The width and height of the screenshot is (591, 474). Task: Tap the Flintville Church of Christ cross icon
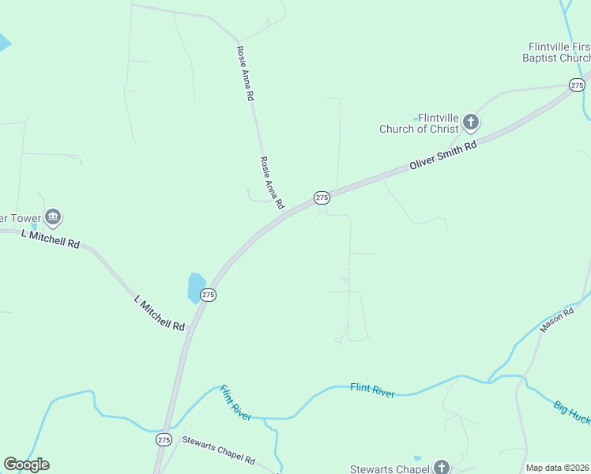pyautogui.click(x=471, y=122)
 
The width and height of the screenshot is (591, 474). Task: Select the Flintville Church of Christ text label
pyautogui.click(x=419, y=123)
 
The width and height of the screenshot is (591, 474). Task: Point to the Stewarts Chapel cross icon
pyautogui.click(x=442, y=468)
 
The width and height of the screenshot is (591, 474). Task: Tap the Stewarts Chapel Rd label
pyautogui.click(x=219, y=450)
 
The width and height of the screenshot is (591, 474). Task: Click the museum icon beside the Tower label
pyautogui.click(x=53, y=216)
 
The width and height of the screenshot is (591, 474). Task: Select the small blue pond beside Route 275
pyautogui.click(x=196, y=288)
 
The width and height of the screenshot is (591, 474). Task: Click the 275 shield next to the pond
pyautogui.click(x=208, y=295)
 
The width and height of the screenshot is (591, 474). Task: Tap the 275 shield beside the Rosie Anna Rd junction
pyautogui.click(x=322, y=197)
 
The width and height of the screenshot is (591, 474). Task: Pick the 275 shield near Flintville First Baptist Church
pyautogui.click(x=577, y=85)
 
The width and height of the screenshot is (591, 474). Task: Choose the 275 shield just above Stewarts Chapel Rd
pyautogui.click(x=164, y=439)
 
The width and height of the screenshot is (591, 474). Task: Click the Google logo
pyautogui.click(x=26, y=464)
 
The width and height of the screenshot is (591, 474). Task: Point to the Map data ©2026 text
pyautogui.click(x=557, y=468)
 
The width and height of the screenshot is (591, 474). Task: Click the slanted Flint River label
pyautogui.click(x=235, y=401)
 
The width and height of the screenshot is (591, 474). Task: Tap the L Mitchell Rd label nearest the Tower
pyautogui.click(x=51, y=239)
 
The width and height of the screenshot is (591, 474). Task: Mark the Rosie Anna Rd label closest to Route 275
pyautogui.click(x=272, y=182)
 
